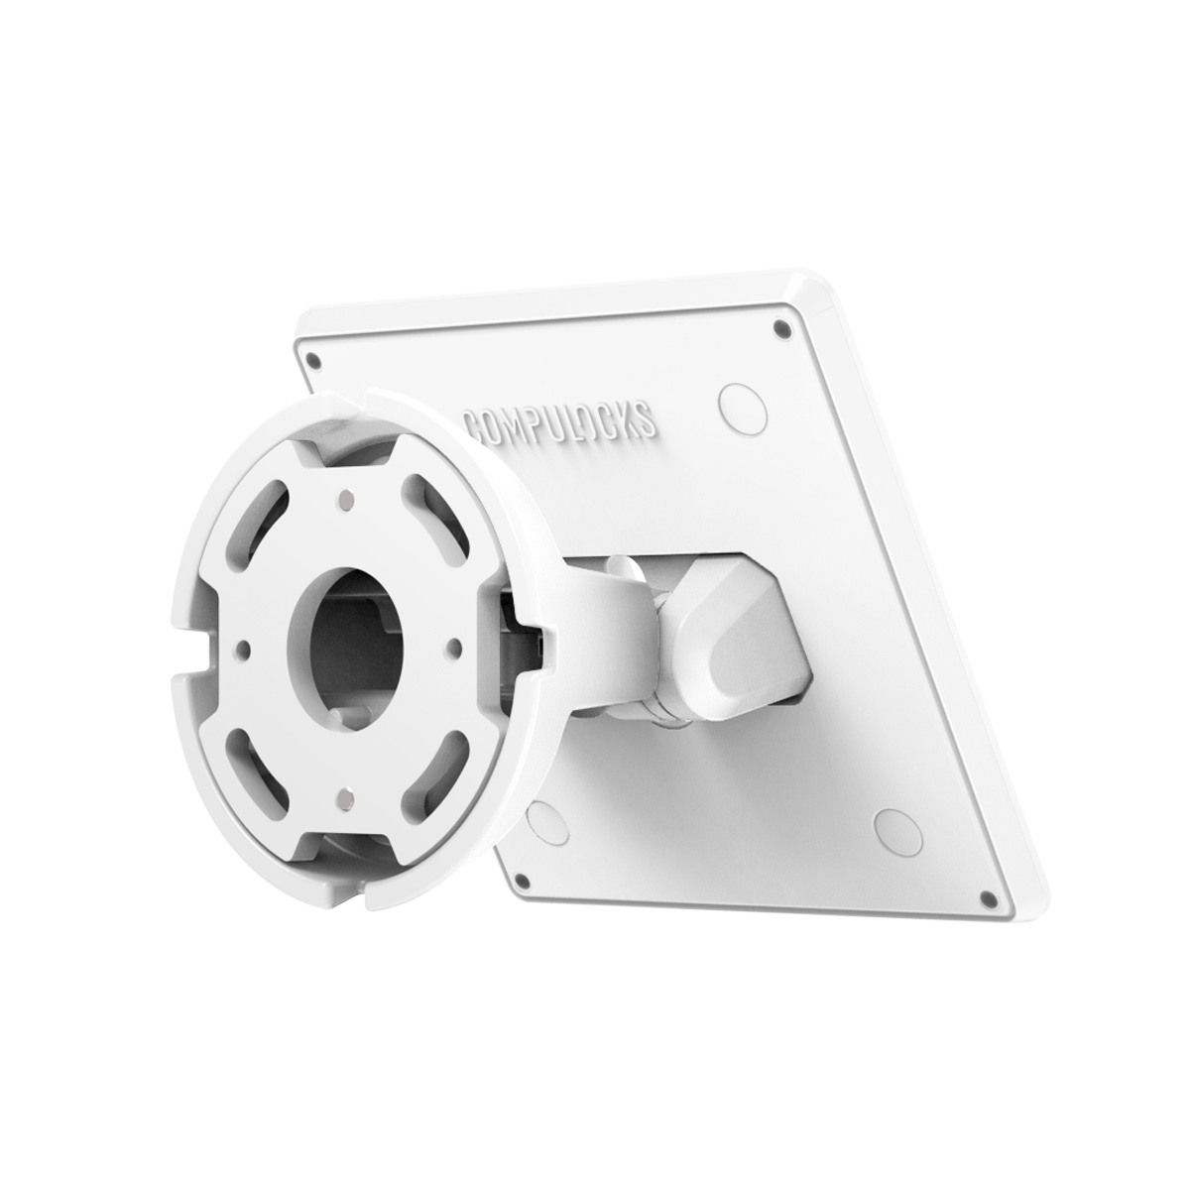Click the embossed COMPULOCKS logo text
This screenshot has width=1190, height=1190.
pyautogui.click(x=560, y=416)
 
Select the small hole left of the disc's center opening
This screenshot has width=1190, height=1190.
pyautogui.click(x=241, y=649)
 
